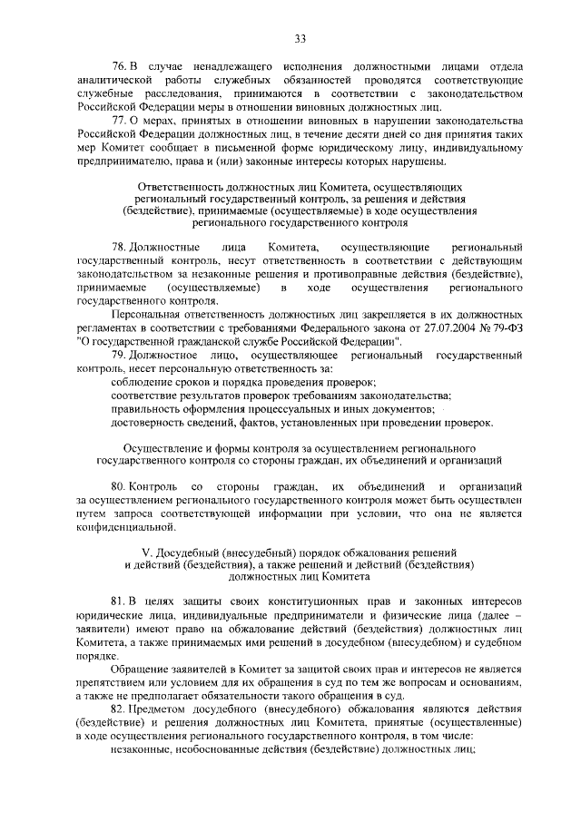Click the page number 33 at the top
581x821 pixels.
pyautogui.click(x=300, y=37)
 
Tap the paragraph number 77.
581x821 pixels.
pyautogui.click(x=117, y=121)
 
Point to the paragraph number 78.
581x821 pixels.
pyautogui.click(x=117, y=248)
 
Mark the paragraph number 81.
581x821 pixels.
pyautogui.click(x=117, y=602)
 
